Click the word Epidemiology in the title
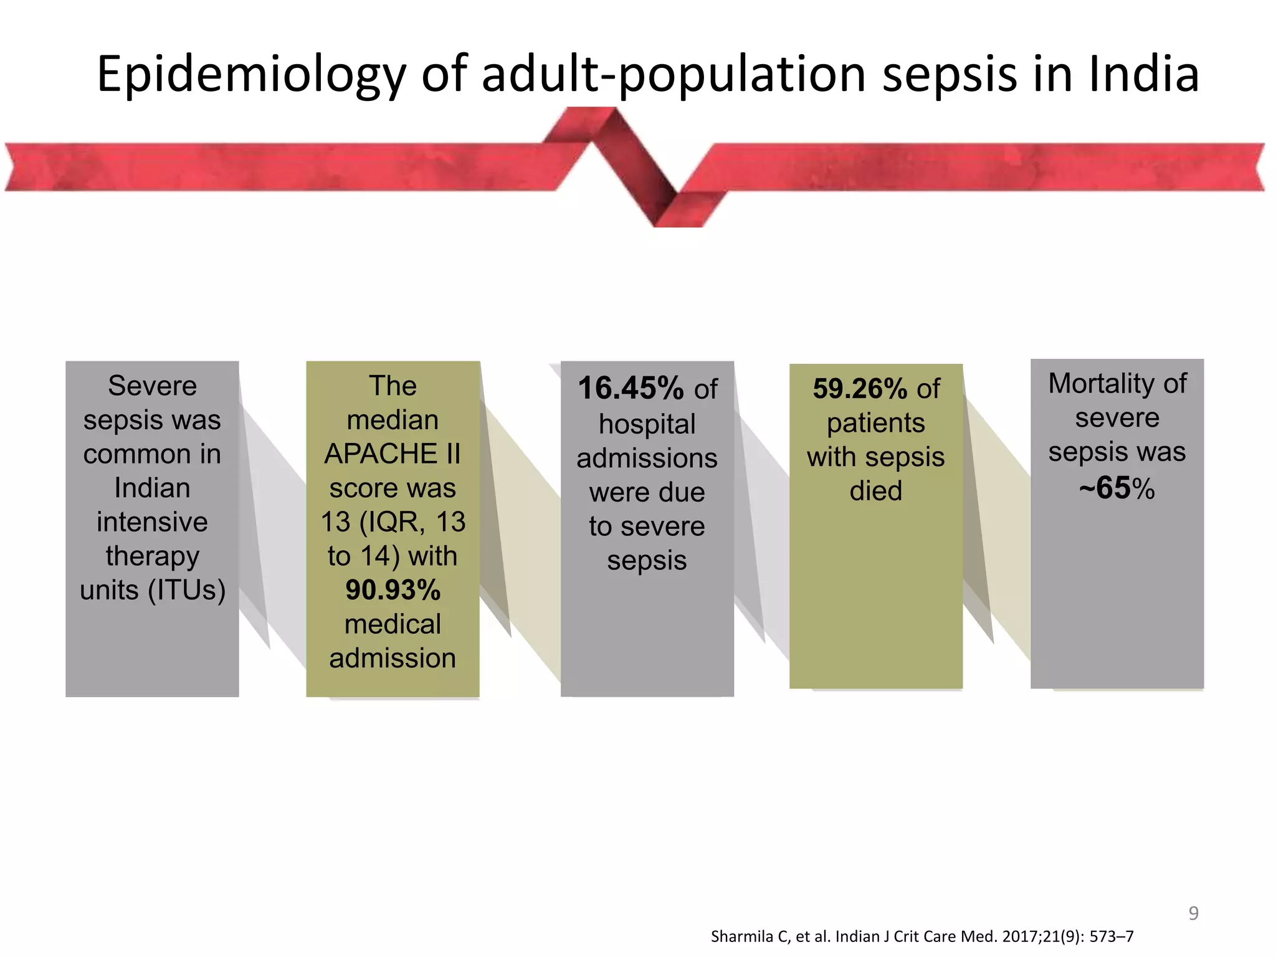point(251,75)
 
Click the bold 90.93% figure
point(393,590)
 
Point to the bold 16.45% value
point(630,388)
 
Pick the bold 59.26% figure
point(859,389)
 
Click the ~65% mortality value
point(1116,488)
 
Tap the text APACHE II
point(393,454)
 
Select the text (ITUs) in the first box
point(186,589)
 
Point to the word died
point(875,491)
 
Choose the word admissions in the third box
point(647,459)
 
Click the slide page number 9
point(1193,913)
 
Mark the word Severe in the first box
point(152,386)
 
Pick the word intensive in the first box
point(152,521)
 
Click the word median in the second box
point(393,420)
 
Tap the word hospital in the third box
point(647,424)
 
